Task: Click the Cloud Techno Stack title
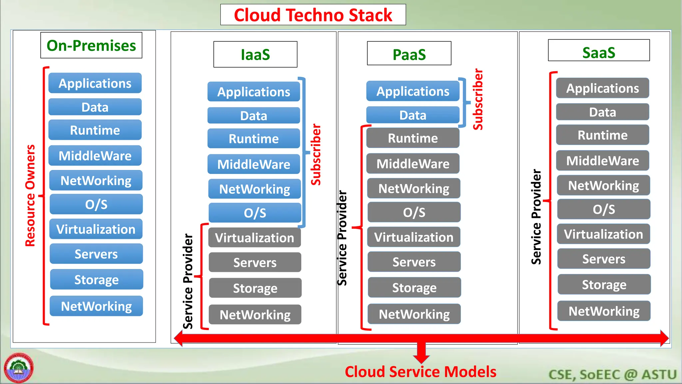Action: (313, 15)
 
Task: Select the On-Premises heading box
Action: (91, 45)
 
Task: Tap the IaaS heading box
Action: (255, 54)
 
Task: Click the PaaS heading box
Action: (409, 54)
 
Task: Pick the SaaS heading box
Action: (598, 51)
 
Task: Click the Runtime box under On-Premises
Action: (95, 130)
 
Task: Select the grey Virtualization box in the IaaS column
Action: (255, 238)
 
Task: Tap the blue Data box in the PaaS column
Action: (413, 115)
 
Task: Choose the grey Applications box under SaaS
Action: (602, 88)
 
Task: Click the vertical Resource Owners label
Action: (30, 195)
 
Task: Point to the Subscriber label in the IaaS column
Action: (316, 154)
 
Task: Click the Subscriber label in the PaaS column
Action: (478, 99)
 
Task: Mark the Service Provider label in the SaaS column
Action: (536, 217)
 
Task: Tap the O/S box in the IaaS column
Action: (255, 213)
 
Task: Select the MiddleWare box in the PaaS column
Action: (413, 164)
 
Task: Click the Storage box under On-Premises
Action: (96, 279)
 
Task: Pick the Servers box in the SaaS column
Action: (604, 259)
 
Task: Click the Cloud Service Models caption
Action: (420, 372)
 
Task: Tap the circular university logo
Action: (19, 368)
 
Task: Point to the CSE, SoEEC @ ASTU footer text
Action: (612, 374)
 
